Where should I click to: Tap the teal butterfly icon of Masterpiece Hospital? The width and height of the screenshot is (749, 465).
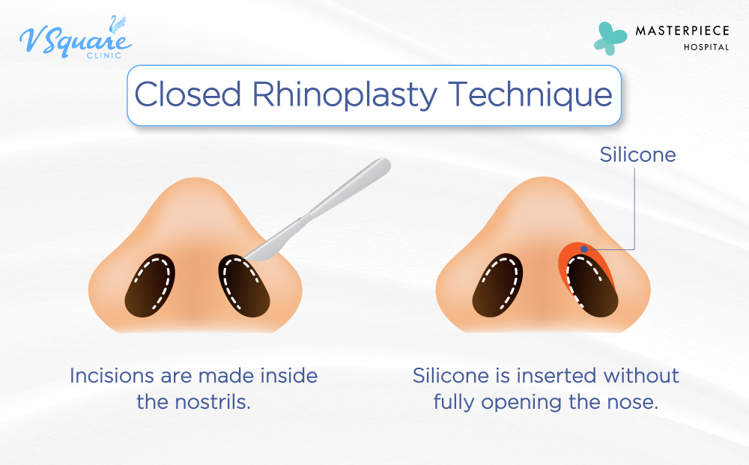[611, 37]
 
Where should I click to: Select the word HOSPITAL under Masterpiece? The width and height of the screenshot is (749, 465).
[706, 47]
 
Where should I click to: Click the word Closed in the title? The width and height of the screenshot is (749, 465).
[188, 96]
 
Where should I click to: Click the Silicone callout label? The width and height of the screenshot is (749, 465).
[637, 155]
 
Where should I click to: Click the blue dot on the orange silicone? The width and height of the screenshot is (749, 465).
[584, 248]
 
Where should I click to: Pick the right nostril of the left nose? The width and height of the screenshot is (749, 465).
[243, 285]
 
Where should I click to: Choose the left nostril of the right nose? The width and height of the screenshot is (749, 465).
[497, 284]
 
